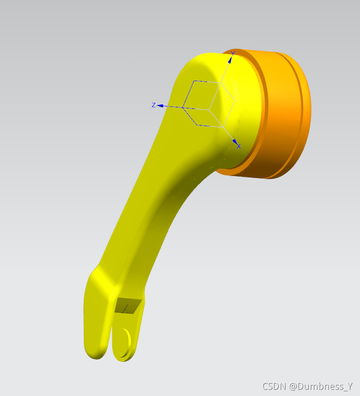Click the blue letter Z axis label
click(153, 105)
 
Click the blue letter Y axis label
click(233, 53)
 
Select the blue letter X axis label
click(239, 146)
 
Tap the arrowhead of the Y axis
click(230, 60)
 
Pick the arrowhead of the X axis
click(235, 142)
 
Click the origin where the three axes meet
click(209, 110)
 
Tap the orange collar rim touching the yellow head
click(263, 111)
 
